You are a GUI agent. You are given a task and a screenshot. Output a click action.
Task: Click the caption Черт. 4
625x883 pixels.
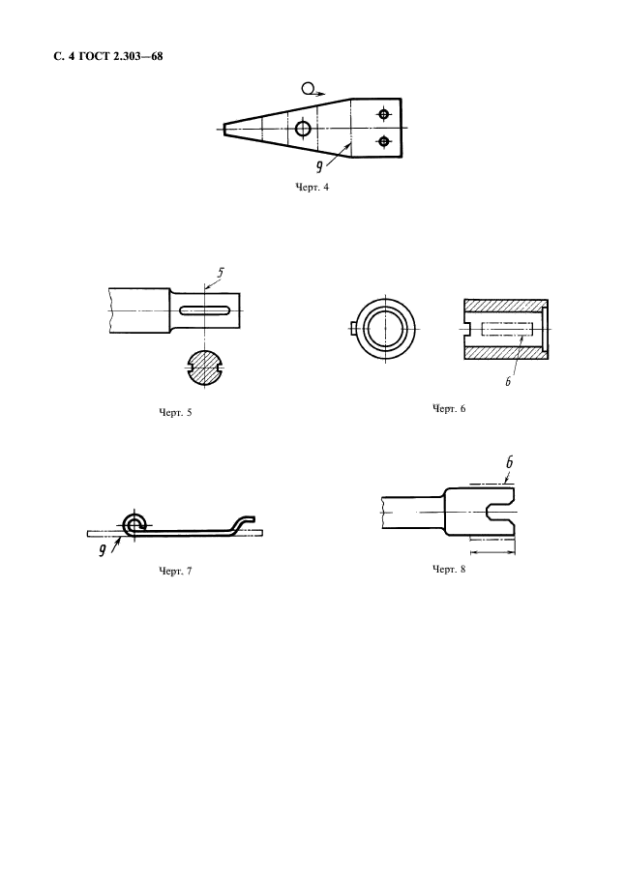(x=312, y=188)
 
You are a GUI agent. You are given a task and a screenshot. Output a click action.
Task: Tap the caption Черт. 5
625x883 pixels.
(x=175, y=412)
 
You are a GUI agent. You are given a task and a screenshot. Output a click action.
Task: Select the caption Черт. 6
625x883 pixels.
(x=449, y=408)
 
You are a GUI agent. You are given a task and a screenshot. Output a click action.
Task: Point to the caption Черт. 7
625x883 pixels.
(x=175, y=571)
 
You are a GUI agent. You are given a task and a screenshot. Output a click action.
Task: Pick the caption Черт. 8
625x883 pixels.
(x=449, y=570)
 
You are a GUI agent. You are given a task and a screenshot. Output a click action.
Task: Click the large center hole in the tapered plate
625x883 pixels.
(x=303, y=129)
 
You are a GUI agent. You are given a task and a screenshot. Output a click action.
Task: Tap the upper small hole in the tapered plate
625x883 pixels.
(x=384, y=115)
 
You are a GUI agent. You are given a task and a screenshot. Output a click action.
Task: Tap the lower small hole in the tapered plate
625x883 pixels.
(x=384, y=141)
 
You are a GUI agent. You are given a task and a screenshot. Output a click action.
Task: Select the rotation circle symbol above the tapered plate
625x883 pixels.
(x=308, y=88)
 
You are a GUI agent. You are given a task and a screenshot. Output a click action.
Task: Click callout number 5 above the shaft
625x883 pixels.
(x=220, y=273)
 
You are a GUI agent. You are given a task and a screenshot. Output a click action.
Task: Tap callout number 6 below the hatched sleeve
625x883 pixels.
(x=507, y=381)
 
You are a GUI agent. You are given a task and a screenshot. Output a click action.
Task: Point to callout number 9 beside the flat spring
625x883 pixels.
(x=103, y=550)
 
